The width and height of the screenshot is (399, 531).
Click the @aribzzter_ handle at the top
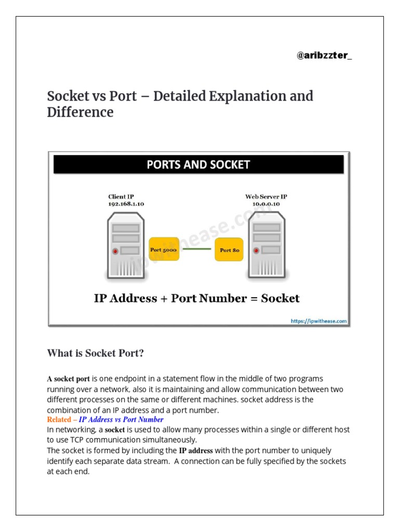[324, 55]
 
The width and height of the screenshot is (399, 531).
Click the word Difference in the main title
[80, 112]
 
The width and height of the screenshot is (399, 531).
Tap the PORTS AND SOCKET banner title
[198, 165]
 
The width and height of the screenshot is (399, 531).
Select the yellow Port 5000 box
[164, 249]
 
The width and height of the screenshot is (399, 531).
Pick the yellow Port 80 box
[229, 250]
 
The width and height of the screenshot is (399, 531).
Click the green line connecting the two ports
[196, 249]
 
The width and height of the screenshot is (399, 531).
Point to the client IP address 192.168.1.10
[126, 204]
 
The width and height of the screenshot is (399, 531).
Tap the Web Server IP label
[267, 197]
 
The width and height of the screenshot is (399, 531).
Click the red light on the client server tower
[115, 251]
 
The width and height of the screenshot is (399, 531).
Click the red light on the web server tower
[256, 251]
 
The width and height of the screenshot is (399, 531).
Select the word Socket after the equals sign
[280, 298]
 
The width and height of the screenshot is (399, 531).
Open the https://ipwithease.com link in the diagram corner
[318, 321]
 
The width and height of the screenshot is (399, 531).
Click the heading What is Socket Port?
[95, 353]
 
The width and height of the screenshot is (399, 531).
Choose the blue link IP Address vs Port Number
[121, 420]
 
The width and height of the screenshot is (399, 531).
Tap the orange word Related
[59, 420]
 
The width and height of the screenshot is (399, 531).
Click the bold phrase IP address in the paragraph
[196, 451]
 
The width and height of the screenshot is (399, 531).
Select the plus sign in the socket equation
[164, 298]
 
